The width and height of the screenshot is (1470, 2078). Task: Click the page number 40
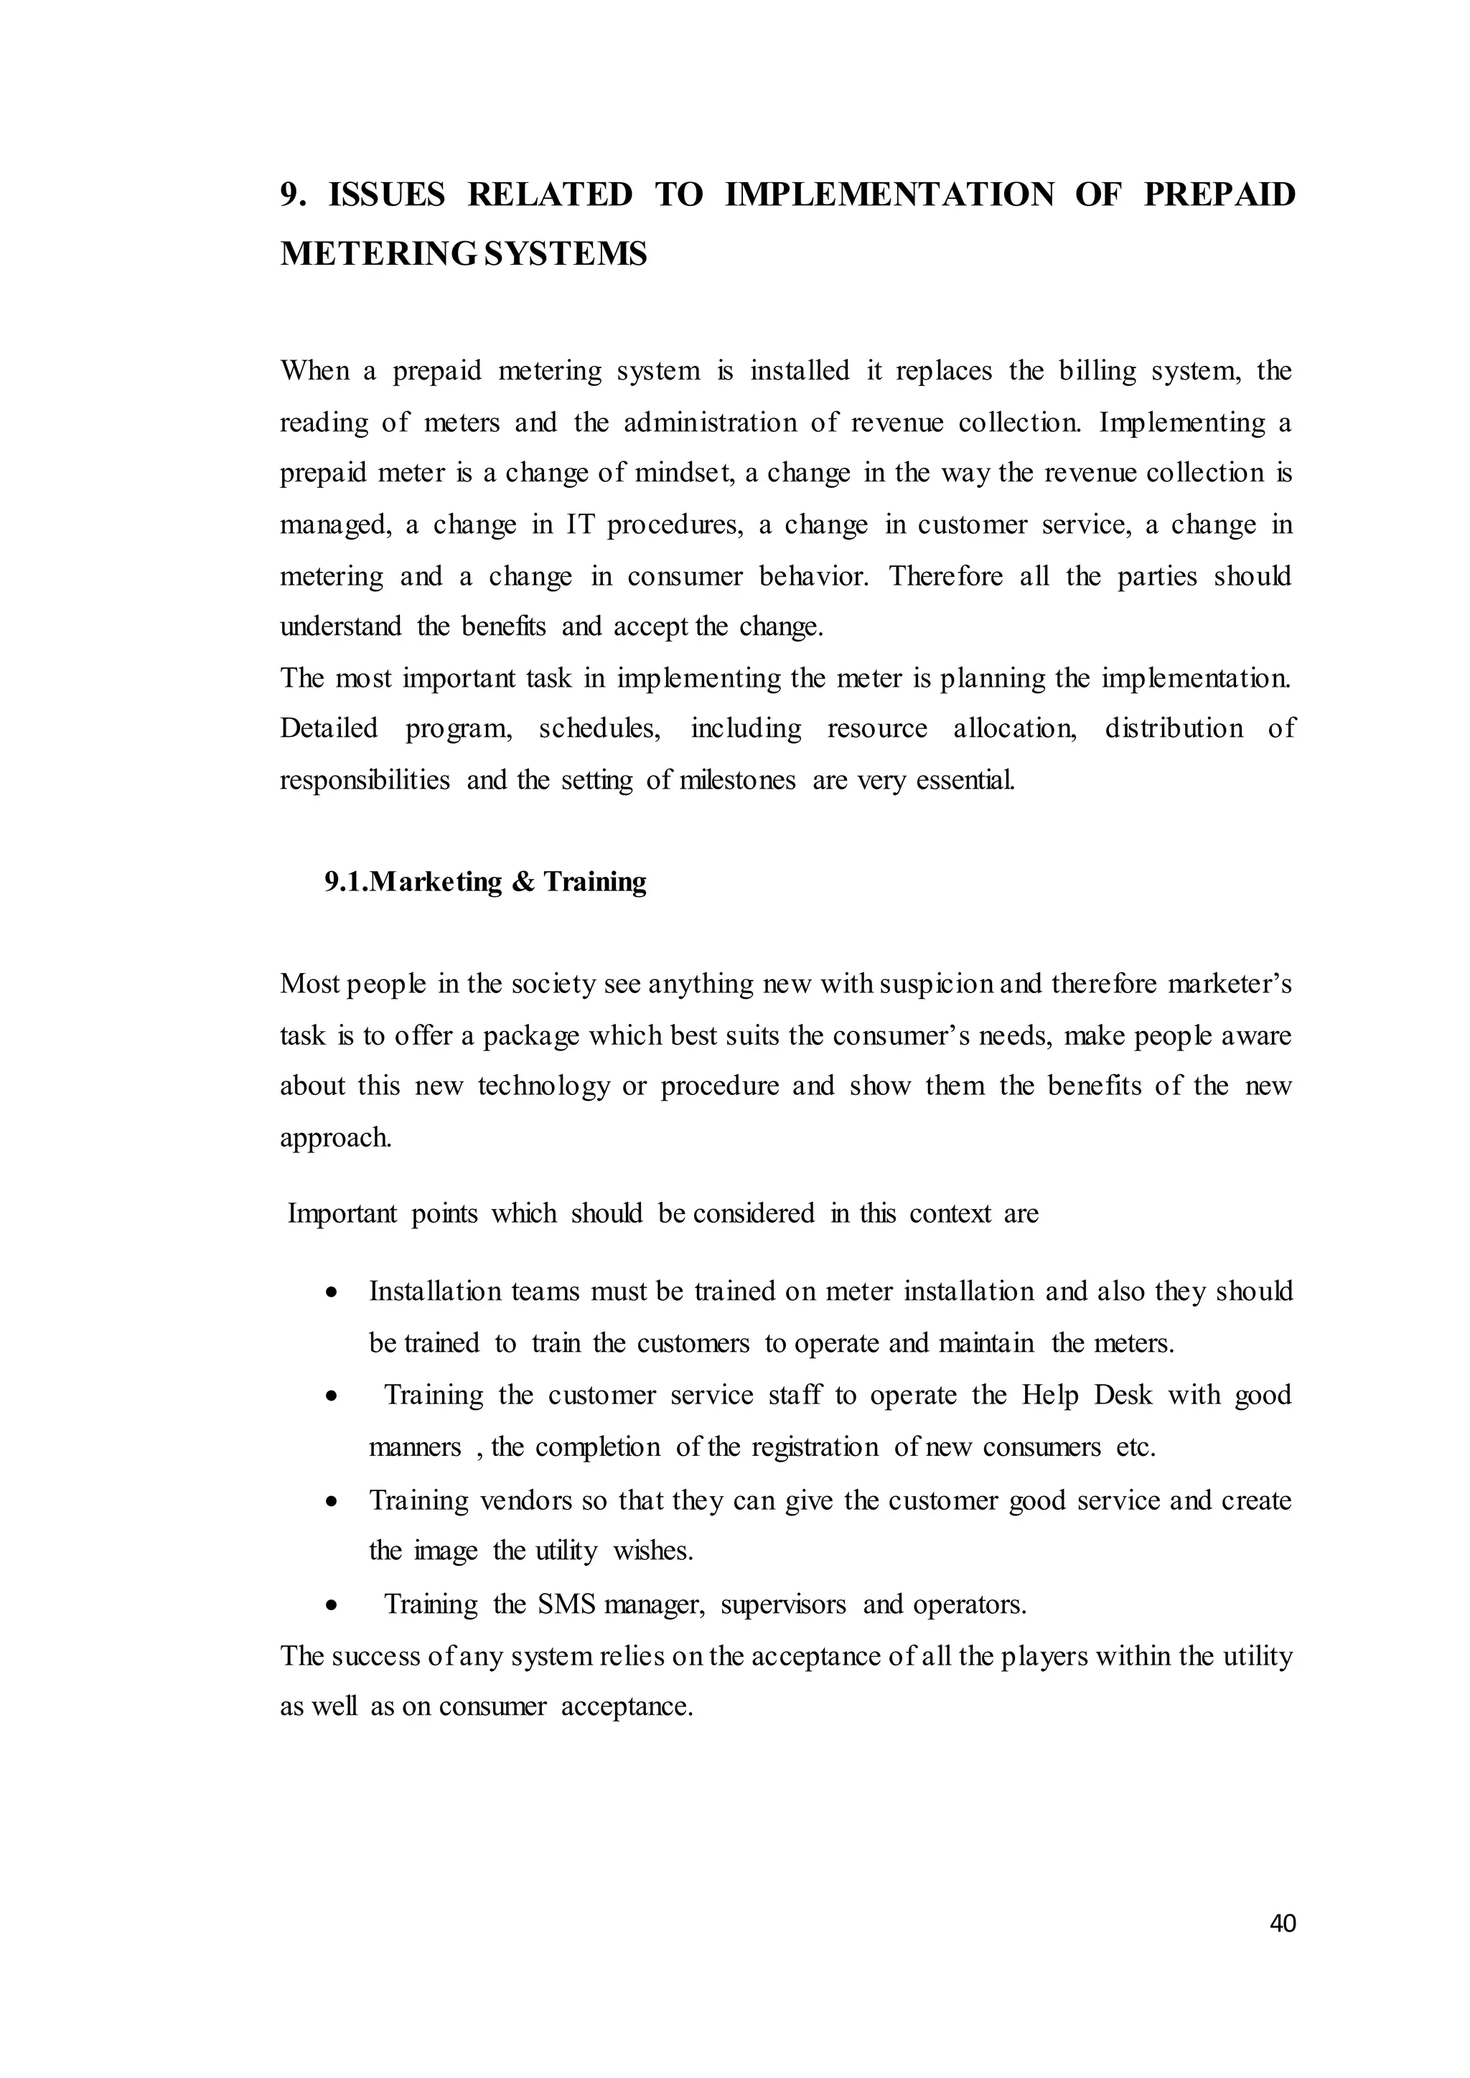coord(1283,1949)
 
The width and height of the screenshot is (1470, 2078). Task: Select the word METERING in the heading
coord(378,254)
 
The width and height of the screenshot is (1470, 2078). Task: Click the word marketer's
coord(1230,983)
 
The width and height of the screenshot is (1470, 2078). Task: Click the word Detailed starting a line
coord(329,728)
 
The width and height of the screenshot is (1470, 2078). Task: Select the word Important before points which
coord(342,1213)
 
